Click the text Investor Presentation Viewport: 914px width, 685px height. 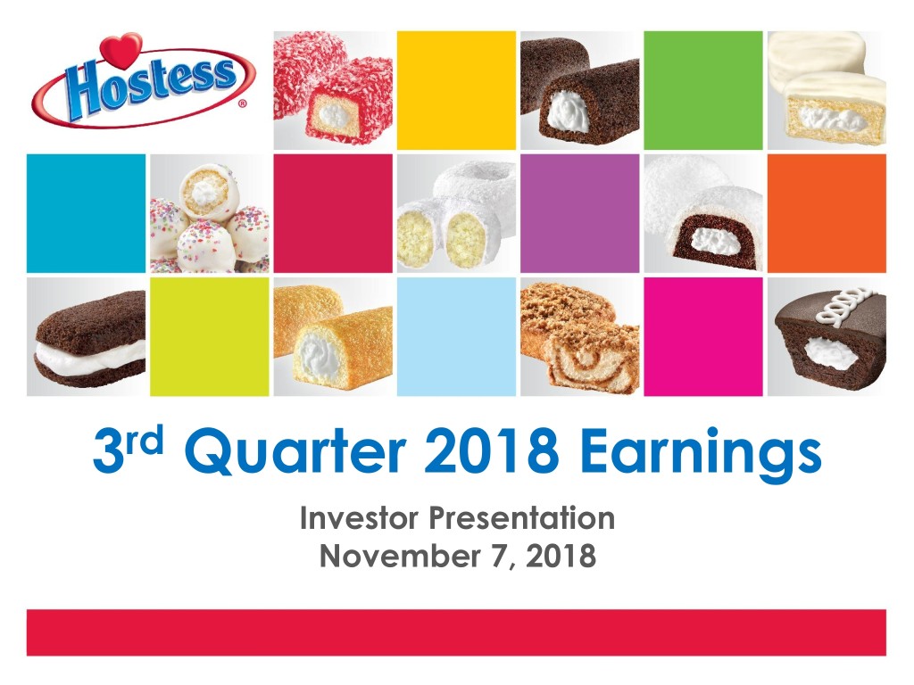tap(457, 518)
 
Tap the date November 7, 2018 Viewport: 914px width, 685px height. tap(457, 557)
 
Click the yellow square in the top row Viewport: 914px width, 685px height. tap(456, 90)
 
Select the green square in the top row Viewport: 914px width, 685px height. tap(703, 90)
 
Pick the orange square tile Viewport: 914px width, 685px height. tap(827, 213)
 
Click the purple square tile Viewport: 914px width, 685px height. tap(579, 213)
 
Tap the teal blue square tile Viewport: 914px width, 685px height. tap(86, 213)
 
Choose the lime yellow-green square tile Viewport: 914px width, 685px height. tap(209, 336)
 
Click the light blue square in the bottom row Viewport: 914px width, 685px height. tap(456, 336)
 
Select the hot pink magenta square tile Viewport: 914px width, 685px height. tap(703, 336)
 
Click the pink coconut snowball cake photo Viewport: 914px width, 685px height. tap(333, 90)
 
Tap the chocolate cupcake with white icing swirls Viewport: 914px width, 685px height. tap(827, 336)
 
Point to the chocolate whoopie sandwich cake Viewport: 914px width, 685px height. tap(86, 336)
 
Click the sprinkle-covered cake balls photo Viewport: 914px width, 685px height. tap(209, 213)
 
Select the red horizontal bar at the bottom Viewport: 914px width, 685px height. tap(456, 632)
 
